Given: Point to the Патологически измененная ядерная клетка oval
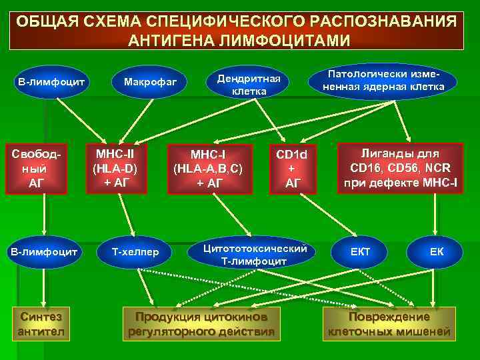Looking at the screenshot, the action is [383, 81].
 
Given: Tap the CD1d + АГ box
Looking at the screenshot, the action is [292, 169].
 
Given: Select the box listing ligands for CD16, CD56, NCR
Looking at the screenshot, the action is [399, 169].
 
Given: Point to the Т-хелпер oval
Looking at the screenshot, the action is [136, 252].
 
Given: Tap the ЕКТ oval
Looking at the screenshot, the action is [361, 252].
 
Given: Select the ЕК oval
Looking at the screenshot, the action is [436, 252].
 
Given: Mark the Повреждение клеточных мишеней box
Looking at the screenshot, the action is [389, 323].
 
